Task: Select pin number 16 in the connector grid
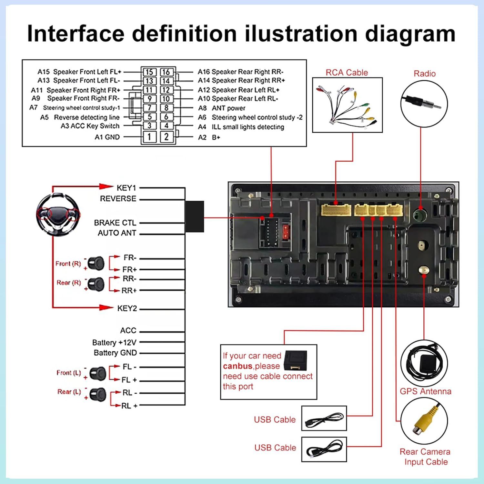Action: point(166,72)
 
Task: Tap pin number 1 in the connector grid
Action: point(149,137)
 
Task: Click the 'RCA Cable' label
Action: point(347,73)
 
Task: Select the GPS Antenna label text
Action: point(426,391)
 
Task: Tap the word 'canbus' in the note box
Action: point(237,366)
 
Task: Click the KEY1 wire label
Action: point(126,188)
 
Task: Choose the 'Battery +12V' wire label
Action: point(114,342)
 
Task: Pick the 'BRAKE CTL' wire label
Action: point(115,223)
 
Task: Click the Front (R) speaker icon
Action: point(96,263)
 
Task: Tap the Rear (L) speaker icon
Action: point(98,394)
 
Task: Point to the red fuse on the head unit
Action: point(286,232)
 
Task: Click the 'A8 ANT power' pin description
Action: point(222,108)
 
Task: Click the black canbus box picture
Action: point(295,360)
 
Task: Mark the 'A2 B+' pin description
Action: point(209,137)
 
